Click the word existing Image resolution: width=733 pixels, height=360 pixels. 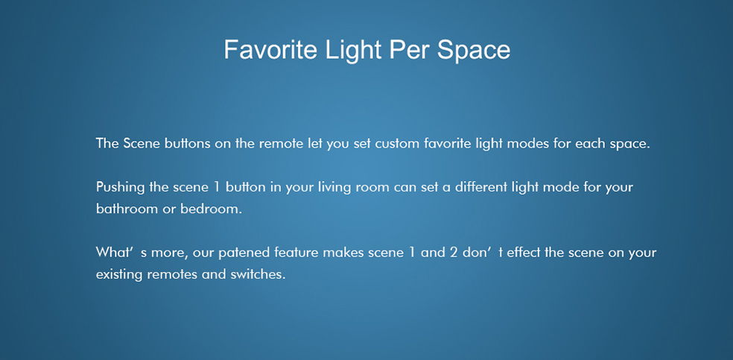(x=119, y=275)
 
